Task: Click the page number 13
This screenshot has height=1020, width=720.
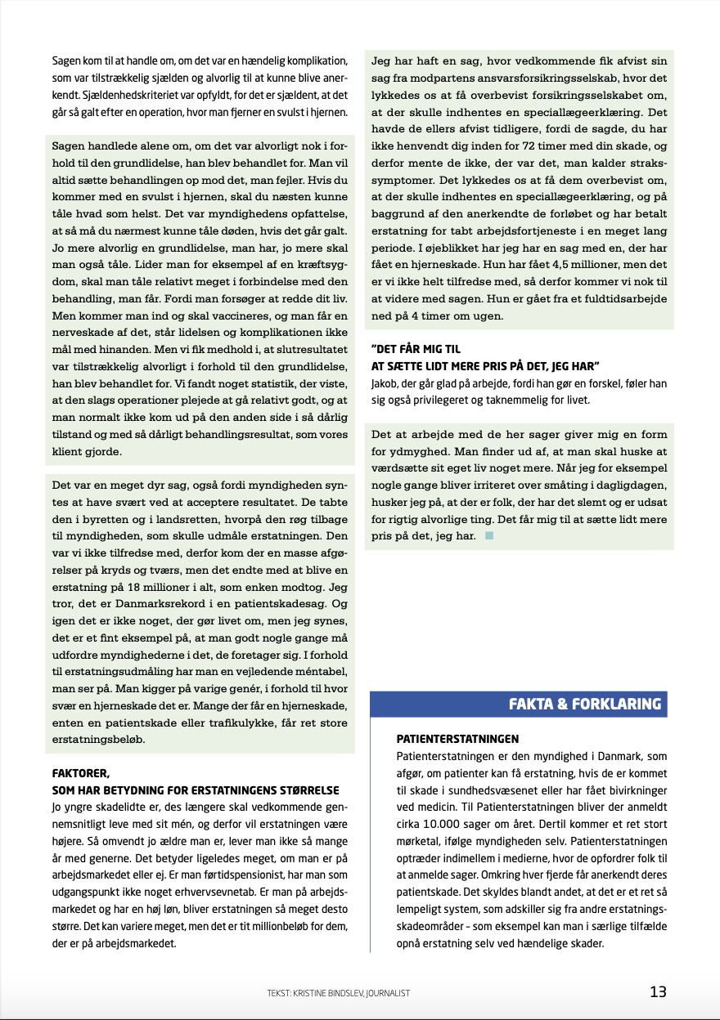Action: (x=658, y=992)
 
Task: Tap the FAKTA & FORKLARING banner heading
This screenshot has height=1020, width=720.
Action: (x=585, y=704)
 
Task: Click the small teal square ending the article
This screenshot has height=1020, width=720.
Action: (x=489, y=536)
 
